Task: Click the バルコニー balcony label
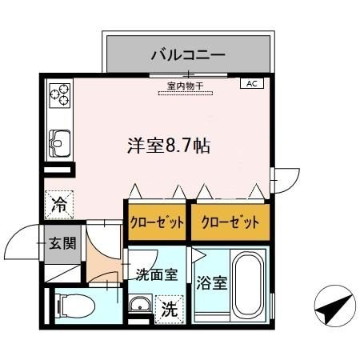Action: pyautogui.click(x=189, y=54)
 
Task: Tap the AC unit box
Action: pyautogui.click(x=251, y=83)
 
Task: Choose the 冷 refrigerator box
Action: pyautogui.click(x=59, y=204)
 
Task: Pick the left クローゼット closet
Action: pyautogui.click(x=157, y=222)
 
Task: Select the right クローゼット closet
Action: pyautogui.click(x=228, y=222)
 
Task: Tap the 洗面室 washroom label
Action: pyautogui.click(x=155, y=276)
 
